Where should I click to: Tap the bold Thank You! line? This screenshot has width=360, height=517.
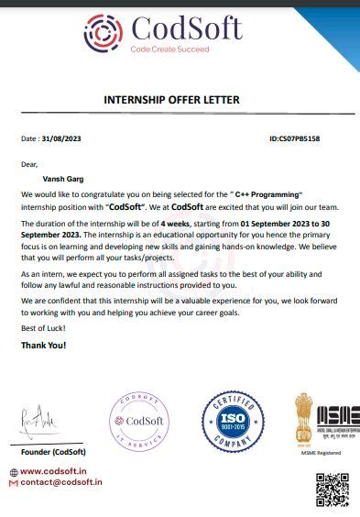(x=43, y=345)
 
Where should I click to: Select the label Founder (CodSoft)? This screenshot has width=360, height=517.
(x=53, y=452)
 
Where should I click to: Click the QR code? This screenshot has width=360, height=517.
(x=333, y=489)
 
